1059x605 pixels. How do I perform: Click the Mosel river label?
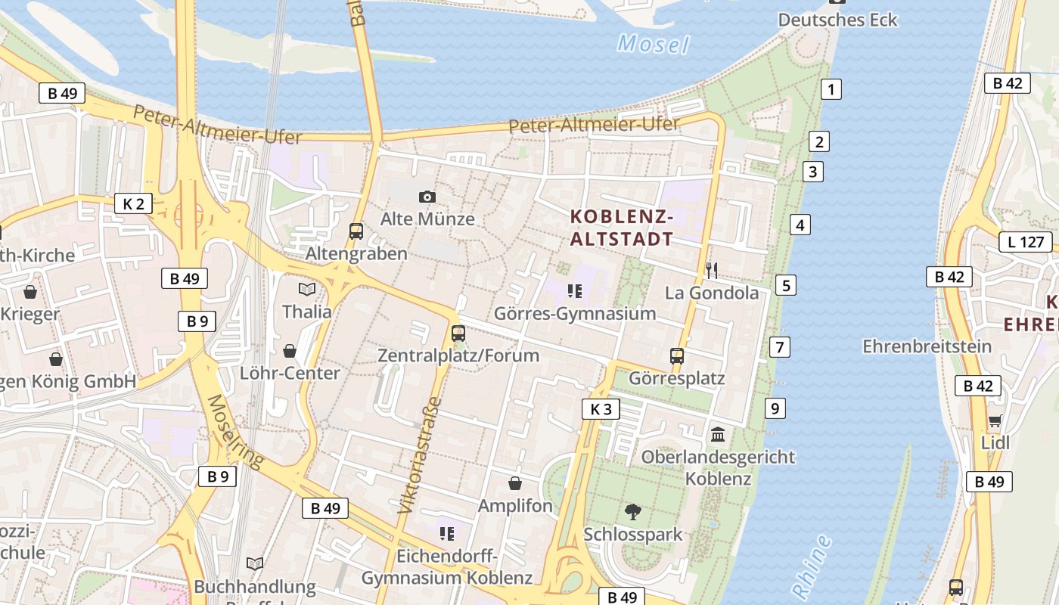pyautogui.click(x=654, y=44)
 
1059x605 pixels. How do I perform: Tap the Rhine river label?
pyautogui.click(x=812, y=566)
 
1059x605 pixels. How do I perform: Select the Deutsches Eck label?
pyautogui.click(x=837, y=20)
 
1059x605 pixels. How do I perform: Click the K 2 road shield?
pyautogui.click(x=133, y=203)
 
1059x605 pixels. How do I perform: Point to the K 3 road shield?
pyautogui.click(x=601, y=409)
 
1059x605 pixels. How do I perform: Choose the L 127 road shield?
pyautogui.click(x=1026, y=242)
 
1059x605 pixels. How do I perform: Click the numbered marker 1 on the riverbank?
pyautogui.click(x=831, y=89)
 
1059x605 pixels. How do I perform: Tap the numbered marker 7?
pyautogui.click(x=779, y=347)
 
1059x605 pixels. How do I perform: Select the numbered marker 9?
pyautogui.click(x=775, y=408)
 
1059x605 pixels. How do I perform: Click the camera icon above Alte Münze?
pyautogui.click(x=427, y=197)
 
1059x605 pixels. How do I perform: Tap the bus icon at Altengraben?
pyautogui.click(x=356, y=231)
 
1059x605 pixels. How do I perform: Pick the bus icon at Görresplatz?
pyautogui.click(x=676, y=355)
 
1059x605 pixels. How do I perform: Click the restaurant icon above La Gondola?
pyautogui.click(x=711, y=270)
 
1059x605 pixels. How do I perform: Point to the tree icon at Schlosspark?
pyautogui.click(x=633, y=512)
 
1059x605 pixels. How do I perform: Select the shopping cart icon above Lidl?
pyautogui.click(x=995, y=420)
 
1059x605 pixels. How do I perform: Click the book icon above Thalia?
pyautogui.click(x=306, y=289)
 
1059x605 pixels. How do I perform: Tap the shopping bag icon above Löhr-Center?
pyautogui.click(x=289, y=350)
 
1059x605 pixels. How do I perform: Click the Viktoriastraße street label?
pyautogui.click(x=418, y=455)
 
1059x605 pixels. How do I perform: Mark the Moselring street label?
pyautogui.click(x=234, y=432)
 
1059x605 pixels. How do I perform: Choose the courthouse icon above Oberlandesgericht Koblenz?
pyautogui.click(x=718, y=434)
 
